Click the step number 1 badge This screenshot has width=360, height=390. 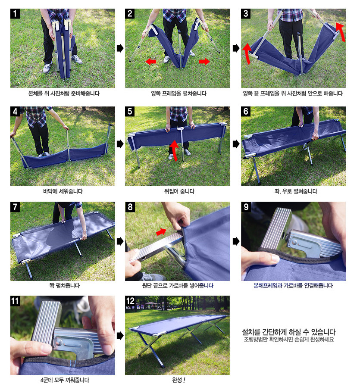[15, 14]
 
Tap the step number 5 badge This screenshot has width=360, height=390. [130, 112]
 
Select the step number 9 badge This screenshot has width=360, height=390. [246, 207]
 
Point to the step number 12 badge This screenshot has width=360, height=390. [130, 301]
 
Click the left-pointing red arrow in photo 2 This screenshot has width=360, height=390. [151, 61]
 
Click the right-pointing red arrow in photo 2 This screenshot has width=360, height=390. [204, 61]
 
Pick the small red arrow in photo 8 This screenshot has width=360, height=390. [161, 232]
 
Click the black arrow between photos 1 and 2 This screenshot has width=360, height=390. [120, 48]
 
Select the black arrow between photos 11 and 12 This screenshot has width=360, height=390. [120, 336]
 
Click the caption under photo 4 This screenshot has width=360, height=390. [63, 191]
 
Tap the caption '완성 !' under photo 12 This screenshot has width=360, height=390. [178, 380]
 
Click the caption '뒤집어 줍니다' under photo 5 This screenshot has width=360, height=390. [179, 191]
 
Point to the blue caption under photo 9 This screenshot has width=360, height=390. [293, 286]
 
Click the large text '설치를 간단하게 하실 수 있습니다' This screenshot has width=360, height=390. [288, 332]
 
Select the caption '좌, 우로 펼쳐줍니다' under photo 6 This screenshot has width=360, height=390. [296, 191]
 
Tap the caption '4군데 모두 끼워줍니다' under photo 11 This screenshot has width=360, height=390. [65, 380]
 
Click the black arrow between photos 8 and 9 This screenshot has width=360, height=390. [236, 241]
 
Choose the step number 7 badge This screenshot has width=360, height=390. [15, 207]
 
